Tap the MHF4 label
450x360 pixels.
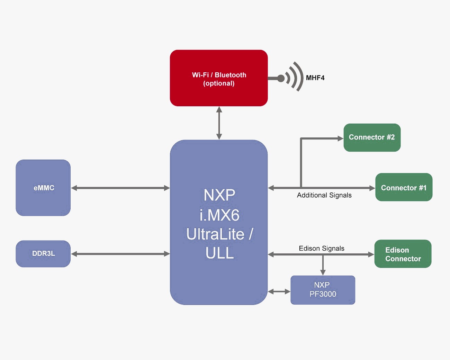[315, 78]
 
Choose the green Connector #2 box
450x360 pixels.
[372, 137]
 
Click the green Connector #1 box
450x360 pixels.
[404, 187]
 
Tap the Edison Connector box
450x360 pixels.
[403, 254]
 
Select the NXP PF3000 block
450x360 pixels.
[323, 290]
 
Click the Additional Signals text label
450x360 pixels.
[324, 195]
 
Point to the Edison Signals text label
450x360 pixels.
[321, 248]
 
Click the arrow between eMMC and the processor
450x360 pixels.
[120, 188]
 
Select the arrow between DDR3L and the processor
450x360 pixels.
[120, 254]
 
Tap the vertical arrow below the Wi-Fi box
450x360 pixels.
[219, 123]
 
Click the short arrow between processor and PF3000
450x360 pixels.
[279, 291]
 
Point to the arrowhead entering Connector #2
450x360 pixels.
[340, 138]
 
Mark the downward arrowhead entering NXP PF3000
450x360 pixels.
[323, 272]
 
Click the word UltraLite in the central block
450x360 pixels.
[215, 234]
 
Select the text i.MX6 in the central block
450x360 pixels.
[219, 215]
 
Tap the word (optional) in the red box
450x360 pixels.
[219, 83]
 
